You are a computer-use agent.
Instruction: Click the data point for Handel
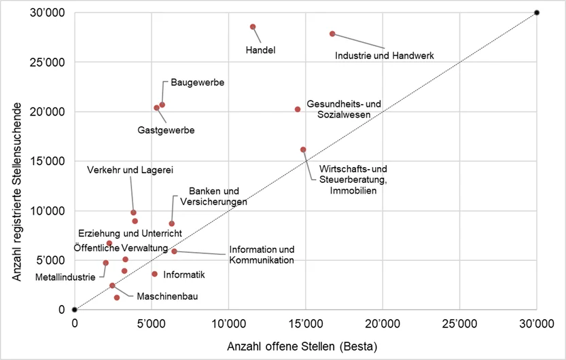point(253,27)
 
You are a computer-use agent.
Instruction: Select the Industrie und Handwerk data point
point(332,34)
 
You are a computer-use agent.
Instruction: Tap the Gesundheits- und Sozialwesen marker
point(298,109)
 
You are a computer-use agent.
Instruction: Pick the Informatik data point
point(155,274)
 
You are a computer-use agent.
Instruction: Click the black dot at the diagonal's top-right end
point(537,13)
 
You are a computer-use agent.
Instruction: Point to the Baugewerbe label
point(198,83)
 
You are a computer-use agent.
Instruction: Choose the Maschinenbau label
point(167,296)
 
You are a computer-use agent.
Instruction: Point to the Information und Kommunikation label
point(262,254)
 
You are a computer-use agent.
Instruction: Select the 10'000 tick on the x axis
point(228,323)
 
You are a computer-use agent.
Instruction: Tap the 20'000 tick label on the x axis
point(382,323)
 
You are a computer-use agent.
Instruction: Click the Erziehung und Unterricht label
point(130,234)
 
